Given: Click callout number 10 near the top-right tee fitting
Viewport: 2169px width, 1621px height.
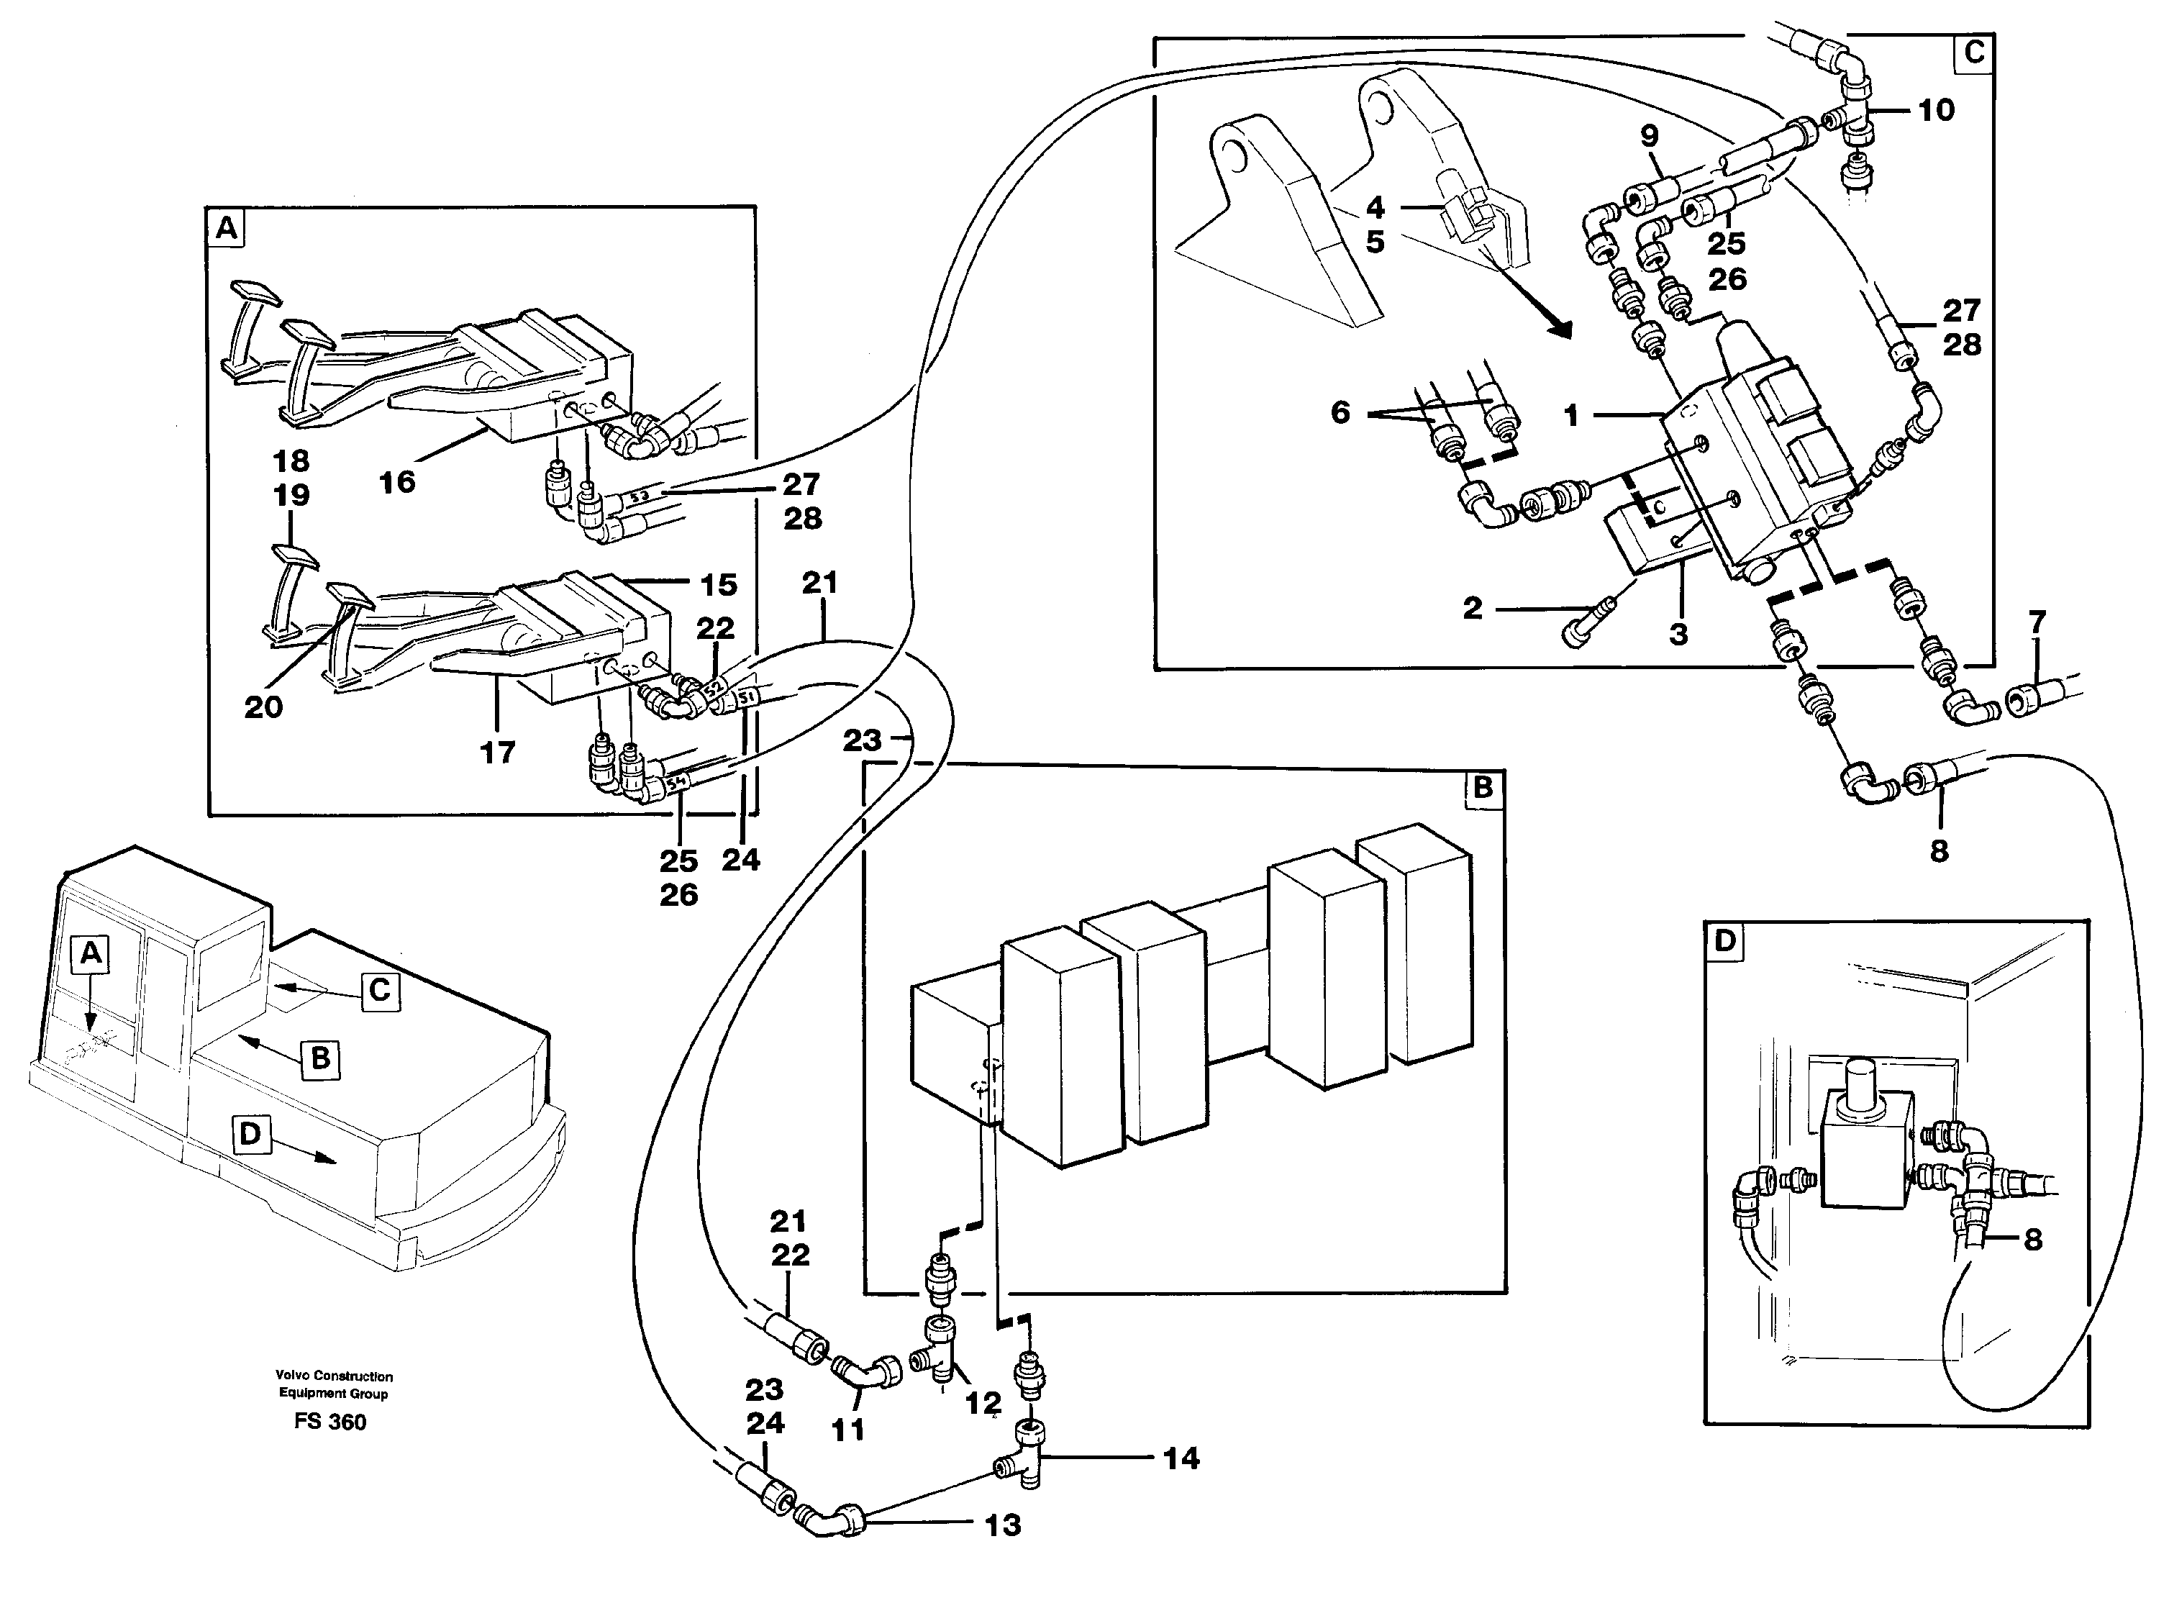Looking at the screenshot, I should (x=1936, y=111).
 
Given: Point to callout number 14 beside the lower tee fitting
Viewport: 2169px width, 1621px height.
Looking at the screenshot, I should (x=1181, y=1459).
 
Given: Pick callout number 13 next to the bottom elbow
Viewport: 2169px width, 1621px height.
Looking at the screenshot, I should (x=1002, y=1525).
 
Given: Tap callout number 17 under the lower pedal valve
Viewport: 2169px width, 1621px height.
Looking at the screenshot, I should (x=497, y=752).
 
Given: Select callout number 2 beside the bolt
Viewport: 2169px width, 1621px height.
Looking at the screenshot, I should (x=1472, y=609).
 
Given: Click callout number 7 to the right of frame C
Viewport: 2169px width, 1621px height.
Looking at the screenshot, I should (x=2037, y=622).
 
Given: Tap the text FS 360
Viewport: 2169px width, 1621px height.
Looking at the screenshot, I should (x=329, y=1422).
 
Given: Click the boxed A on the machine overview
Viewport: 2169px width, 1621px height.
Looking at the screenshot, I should (x=90, y=952).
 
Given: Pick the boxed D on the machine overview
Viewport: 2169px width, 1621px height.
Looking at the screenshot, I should (x=250, y=1135).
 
